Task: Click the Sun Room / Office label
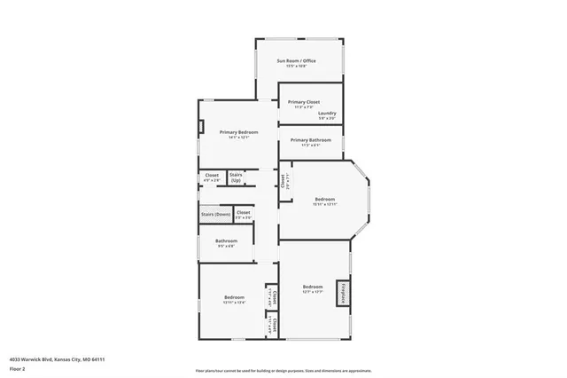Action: click(296, 60)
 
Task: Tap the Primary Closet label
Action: click(303, 102)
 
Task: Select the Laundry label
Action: click(327, 113)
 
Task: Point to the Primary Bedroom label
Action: click(239, 132)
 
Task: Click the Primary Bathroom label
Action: click(310, 140)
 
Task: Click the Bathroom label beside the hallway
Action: click(226, 240)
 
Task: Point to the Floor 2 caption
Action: click(17, 367)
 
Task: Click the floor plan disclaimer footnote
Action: click(283, 368)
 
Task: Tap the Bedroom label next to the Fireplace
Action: click(312, 287)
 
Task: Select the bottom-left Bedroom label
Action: click(234, 296)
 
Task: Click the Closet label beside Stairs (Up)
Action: click(212, 175)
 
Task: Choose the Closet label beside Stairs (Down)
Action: click(243, 212)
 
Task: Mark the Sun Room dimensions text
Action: click(296, 66)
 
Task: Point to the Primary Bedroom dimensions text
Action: click(239, 138)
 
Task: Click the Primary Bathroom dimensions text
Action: click(310, 146)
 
